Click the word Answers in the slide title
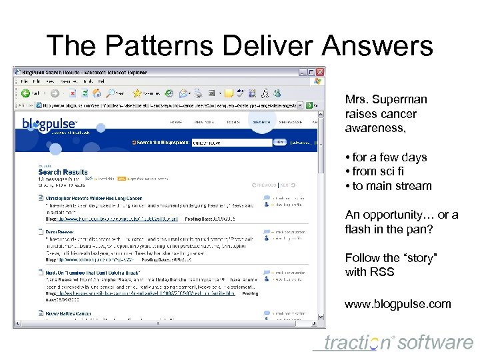point(377,46)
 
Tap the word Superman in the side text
point(401,99)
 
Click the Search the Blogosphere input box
point(231,142)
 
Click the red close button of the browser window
point(319,71)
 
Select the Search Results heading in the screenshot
point(63,172)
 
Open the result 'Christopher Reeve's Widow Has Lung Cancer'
point(94,198)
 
